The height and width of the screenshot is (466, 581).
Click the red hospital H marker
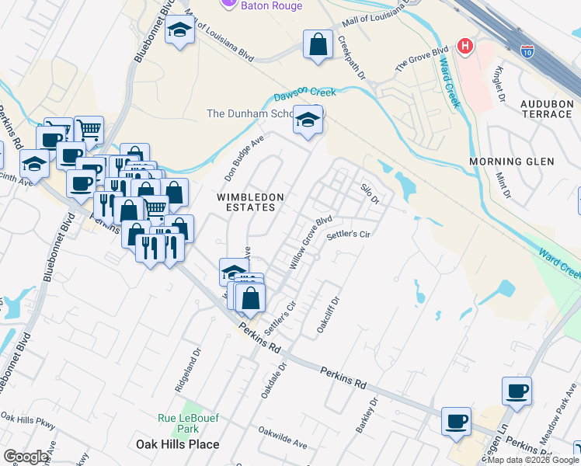(x=465, y=46)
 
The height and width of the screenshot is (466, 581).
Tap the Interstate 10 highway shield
(x=527, y=50)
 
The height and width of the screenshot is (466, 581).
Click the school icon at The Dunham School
(x=308, y=121)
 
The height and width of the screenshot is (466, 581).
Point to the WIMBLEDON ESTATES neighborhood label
(x=250, y=202)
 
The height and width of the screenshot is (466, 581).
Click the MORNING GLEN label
(x=512, y=162)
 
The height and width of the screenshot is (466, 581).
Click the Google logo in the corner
(x=26, y=457)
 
